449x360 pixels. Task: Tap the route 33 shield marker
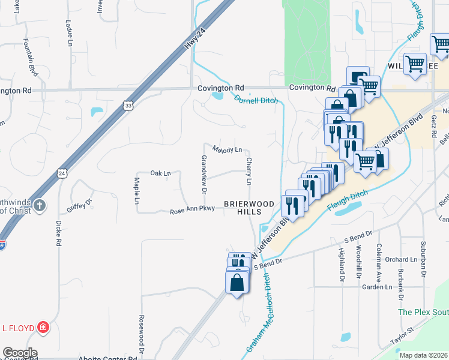128,106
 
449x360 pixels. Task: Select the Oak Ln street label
160,173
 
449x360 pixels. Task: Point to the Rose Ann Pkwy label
191,211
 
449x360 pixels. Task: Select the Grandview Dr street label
204,174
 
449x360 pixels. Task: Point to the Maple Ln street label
137,190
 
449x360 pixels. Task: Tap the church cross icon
40,206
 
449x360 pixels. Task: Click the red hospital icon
43,328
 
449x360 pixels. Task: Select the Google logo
20,353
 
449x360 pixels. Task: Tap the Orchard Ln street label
401,260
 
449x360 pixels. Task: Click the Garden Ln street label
376,287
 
